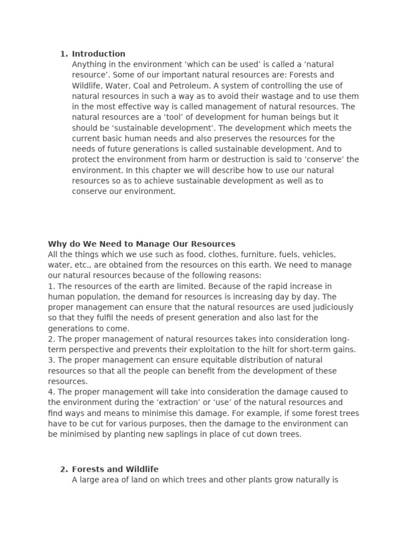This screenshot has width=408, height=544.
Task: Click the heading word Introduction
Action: coord(99,54)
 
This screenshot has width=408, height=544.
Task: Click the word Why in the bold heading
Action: coord(56,244)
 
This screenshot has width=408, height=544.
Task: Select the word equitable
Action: coord(216,360)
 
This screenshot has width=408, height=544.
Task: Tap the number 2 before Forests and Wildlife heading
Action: coord(63,469)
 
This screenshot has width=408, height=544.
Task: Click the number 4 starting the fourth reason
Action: coord(50,392)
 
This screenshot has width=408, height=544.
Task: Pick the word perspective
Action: coord(88,350)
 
